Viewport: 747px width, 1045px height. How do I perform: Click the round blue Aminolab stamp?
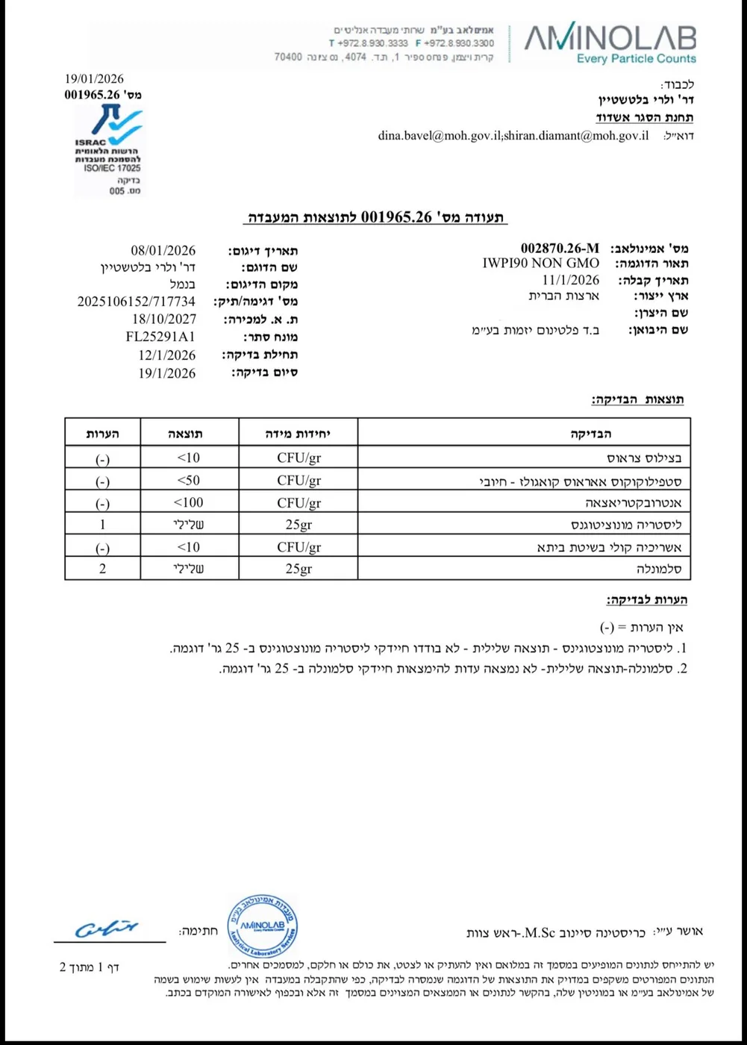click(262, 926)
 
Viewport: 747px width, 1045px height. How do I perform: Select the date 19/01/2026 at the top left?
click(94, 79)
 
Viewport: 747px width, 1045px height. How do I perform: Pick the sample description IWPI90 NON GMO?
click(540, 263)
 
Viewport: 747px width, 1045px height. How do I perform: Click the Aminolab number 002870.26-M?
click(560, 248)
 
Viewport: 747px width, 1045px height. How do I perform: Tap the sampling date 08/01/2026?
click(163, 251)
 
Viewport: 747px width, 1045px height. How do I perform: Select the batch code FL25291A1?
click(160, 337)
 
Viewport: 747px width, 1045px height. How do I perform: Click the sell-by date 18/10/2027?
click(164, 319)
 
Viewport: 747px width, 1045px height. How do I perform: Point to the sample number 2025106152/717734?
click(137, 302)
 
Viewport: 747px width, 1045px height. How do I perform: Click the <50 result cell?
click(189, 480)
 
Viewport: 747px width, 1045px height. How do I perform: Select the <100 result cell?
click(189, 502)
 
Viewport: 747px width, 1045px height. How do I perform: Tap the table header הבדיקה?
click(591, 434)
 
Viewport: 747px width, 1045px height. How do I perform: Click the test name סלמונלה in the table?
click(659, 569)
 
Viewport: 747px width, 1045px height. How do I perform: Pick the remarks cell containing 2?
click(103, 569)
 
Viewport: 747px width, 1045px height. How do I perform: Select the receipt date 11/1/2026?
click(570, 280)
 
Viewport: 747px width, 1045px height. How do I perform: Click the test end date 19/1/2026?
click(167, 373)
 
